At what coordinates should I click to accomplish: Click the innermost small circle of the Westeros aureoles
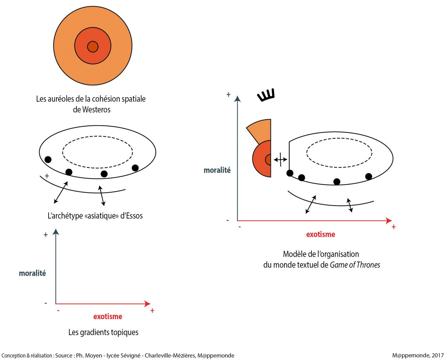(92, 47)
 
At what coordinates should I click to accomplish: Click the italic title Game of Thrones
(355, 265)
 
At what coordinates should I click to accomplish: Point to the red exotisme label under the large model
(320, 234)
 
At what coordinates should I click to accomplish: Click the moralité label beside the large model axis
(217, 170)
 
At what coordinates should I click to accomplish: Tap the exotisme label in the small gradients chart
(108, 317)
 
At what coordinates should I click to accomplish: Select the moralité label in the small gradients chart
(32, 273)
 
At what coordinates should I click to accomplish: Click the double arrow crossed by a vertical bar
(280, 159)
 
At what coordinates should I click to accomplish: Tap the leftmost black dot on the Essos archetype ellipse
(48, 160)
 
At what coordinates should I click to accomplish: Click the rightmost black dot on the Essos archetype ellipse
(135, 168)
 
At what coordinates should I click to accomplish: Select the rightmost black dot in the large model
(368, 176)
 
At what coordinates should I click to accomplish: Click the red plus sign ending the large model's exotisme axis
(393, 227)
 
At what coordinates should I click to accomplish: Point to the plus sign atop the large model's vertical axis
(228, 95)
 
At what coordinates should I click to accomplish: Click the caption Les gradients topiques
(103, 332)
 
